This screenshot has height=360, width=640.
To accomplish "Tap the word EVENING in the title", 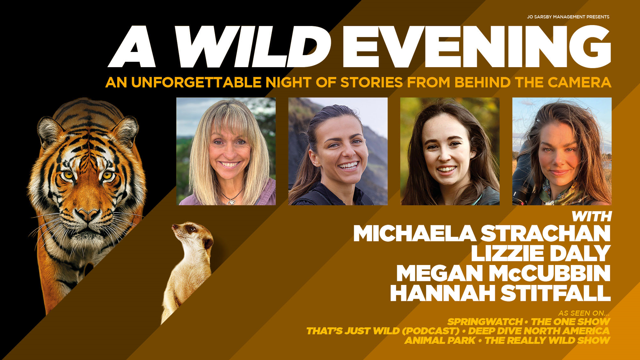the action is pyautogui.click(x=477, y=46).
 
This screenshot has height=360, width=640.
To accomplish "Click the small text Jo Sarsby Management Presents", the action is pyautogui.click(x=568, y=17).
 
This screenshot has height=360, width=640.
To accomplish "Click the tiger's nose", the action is pyautogui.click(x=88, y=215).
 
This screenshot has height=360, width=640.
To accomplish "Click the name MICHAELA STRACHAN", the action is pyautogui.click(x=482, y=233).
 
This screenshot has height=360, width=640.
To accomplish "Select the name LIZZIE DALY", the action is pyautogui.click(x=541, y=253).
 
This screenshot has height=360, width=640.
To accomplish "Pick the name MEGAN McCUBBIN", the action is pyautogui.click(x=503, y=273).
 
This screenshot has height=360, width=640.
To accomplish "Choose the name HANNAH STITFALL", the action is pyautogui.click(x=500, y=293).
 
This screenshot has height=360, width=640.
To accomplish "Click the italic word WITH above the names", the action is pyautogui.click(x=591, y=216).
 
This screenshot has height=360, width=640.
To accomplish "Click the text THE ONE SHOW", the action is pyautogui.click(x=571, y=322).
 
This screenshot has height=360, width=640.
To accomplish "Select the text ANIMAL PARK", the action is pyautogui.click(x=440, y=340).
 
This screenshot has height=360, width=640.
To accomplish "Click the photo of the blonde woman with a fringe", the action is pyautogui.click(x=226, y=151).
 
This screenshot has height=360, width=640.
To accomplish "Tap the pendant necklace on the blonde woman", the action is pyautogui.click(x=231, y=202).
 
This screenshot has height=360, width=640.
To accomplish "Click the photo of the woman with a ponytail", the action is pyautogui.click(x=338, y=151).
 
